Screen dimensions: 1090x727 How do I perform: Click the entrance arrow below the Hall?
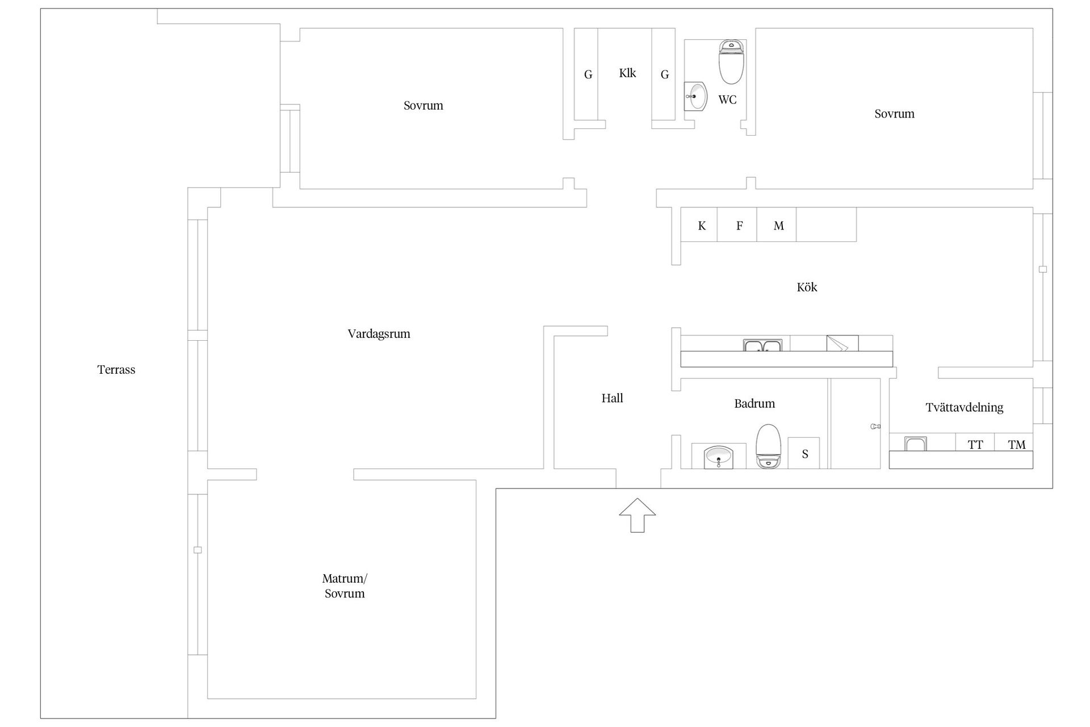tap(638, 515)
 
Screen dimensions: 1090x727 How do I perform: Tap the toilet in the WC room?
tap(731, 62)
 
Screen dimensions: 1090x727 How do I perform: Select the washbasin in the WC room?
tap(696, 97)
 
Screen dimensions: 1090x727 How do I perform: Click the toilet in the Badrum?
tap(768, 446)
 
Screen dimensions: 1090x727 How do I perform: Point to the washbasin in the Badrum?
tap(719, 457)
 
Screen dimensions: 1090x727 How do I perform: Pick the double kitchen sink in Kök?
tap(762, 345)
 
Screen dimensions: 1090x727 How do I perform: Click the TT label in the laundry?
tap(975, 445)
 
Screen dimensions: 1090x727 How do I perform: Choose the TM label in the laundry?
tap(1017, 445)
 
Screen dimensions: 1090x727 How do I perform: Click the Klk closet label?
tap(627, 73)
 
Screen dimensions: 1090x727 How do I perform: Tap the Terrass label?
tap(116, 370)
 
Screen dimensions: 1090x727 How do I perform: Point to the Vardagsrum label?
tap(379, 334)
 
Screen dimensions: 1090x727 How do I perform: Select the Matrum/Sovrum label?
tap(345, 586)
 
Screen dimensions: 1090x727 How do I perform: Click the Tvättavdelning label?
tap(965, 407)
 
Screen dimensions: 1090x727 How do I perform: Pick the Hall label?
tap(613, 399)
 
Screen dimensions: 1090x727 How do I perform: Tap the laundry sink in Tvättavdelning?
tap(915, 444)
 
